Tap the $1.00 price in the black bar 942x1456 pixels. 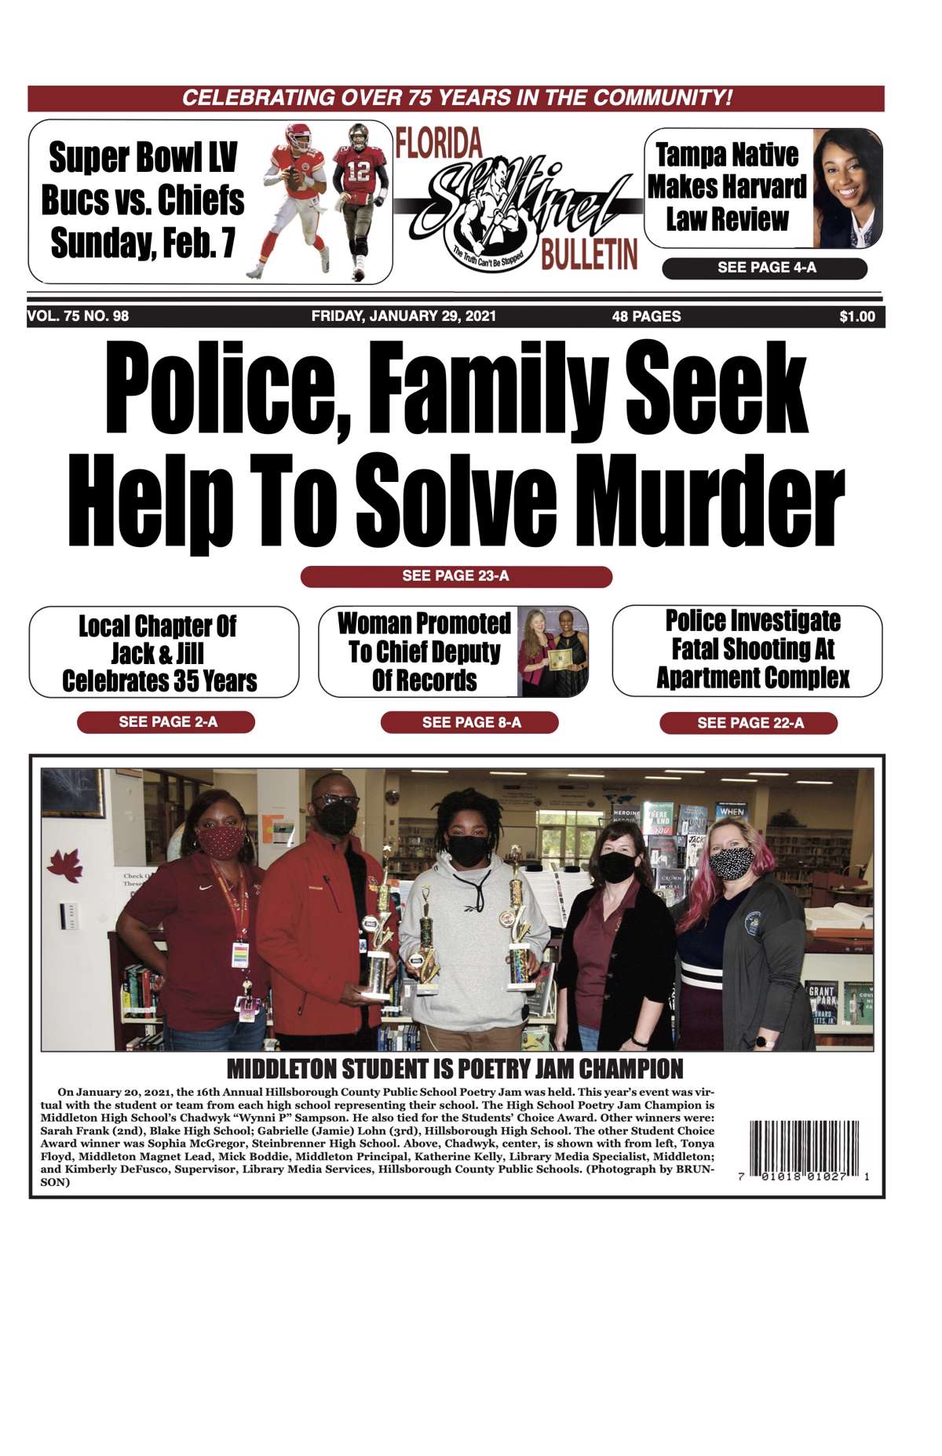(x=856, y=316)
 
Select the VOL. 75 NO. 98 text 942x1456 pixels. (x=78, y=316)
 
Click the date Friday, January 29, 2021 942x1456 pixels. (x=403, y=316)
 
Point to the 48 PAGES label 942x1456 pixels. (x=646, y=316)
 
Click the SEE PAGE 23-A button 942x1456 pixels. (x=455, y=576)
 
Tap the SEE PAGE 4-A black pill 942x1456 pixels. (x=765, y=268)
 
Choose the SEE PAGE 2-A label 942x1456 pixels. (x=166, y=722)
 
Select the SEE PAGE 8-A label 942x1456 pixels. (x=470, y=722)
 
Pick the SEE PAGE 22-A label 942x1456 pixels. (x=749, y=723)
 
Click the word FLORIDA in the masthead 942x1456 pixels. (x=439, y=143)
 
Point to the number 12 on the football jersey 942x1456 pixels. (x=358, y=170)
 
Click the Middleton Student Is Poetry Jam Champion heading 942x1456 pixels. (x=455, y=1068)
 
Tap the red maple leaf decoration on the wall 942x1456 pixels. (x=65, y=864)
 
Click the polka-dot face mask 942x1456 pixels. (x=731, y=863)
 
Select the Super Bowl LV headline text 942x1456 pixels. (x=143, y=158)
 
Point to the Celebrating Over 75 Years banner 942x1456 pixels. (x=456, y=98)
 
